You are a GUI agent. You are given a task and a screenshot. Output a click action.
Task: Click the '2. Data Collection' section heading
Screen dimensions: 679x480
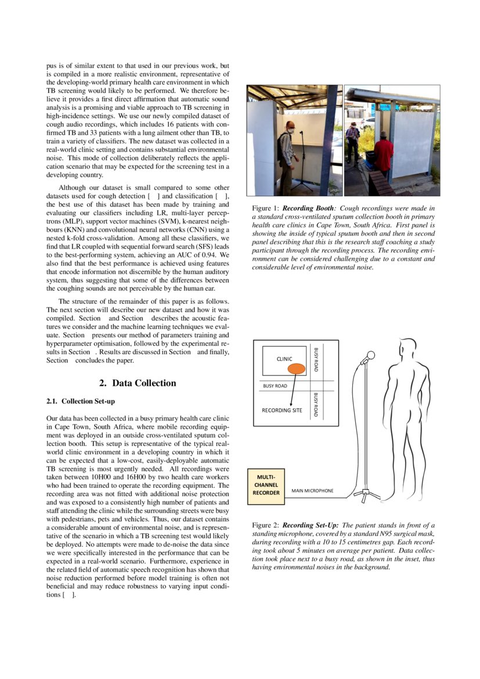pyautogui.click(x=138, y=383)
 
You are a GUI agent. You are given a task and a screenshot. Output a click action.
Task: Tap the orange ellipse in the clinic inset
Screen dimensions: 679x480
pyautogui.click(x=297, y=368)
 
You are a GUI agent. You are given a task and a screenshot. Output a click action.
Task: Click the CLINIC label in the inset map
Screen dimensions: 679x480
pyautogui.click(x=284, y=359)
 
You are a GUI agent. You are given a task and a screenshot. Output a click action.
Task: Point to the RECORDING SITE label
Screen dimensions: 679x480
pyautogui.click(x=281, y=410)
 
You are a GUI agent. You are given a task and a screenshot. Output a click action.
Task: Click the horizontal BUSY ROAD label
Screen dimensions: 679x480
pyautogui.click(x=275, y=386)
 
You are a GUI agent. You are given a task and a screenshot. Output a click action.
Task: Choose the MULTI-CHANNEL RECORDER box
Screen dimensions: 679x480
pyautogui.click(x=266, y=485)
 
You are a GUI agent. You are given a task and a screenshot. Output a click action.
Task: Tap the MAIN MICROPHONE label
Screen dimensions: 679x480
pyautogui.click(x=312, y=491)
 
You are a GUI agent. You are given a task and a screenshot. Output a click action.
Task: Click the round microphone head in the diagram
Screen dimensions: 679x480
pyautogui.click(x=370, y=355)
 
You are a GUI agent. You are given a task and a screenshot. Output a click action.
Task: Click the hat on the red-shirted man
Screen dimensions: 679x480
pyautogui.click(x=382, y=135)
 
